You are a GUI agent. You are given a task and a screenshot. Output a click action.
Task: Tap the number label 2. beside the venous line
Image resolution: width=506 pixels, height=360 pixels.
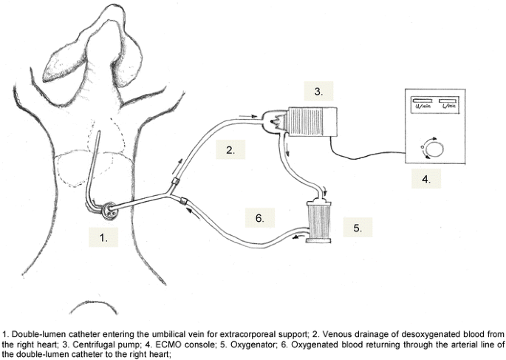(230, 151)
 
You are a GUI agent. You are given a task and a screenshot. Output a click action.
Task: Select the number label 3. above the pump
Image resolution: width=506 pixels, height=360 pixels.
(318, 92)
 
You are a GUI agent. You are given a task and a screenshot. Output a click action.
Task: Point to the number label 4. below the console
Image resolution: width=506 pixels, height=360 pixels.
(426, 178)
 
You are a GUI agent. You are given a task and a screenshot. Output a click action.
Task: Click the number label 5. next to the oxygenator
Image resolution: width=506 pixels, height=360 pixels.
(358, 228)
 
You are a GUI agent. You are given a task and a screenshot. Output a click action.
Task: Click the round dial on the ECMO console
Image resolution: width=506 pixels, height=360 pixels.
(436, 149)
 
